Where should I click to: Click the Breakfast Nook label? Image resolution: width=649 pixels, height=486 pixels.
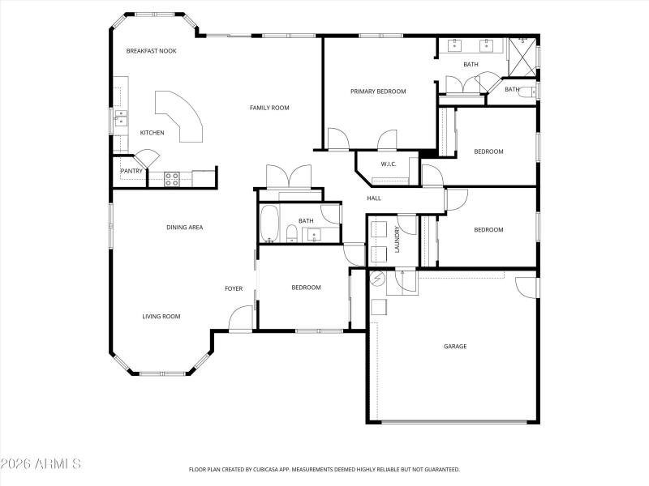click(151, 51)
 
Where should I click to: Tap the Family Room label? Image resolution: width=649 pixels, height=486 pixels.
click(269, 108)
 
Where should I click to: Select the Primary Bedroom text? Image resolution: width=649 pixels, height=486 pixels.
click(378, 92)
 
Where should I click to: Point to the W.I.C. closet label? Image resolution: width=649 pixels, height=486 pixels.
click(388, 164)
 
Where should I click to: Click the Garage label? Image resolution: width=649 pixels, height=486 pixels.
click(455, 347)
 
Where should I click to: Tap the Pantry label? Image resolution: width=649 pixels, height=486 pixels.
click(131, 171)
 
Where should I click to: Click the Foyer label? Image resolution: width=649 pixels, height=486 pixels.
click(234, 288)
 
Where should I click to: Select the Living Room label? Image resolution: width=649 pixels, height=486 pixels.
click(161, 317)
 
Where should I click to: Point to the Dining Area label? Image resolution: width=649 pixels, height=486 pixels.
click(184, 228)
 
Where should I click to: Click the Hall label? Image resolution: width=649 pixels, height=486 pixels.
click(374, 198)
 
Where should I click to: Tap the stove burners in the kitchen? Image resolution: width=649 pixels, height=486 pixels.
click(172, 178)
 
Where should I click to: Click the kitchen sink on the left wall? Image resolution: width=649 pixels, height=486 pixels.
click(119, 117)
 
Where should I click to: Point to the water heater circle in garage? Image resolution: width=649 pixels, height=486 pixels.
click(376, 279)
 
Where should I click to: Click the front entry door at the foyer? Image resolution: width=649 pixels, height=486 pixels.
click(240, 319)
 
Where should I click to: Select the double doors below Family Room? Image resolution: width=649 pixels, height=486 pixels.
click(289, 177)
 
